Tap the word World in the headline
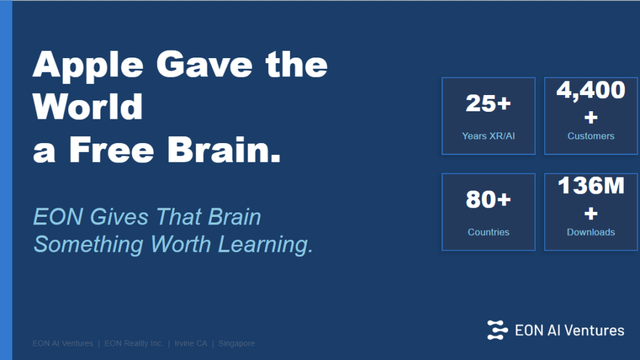click(88, 107)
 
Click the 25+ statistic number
click(488, 104)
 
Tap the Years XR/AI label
click(488, 136)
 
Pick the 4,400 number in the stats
click(591, 91)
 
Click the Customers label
click(591, 136)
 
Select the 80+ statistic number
click(488, 200)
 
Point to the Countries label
click(488, 232)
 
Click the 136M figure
click(591, 186)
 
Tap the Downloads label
click(591, 232)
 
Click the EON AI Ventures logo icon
click(498, 329)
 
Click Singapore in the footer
click(236, 343)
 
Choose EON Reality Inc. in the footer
click(134, 343)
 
